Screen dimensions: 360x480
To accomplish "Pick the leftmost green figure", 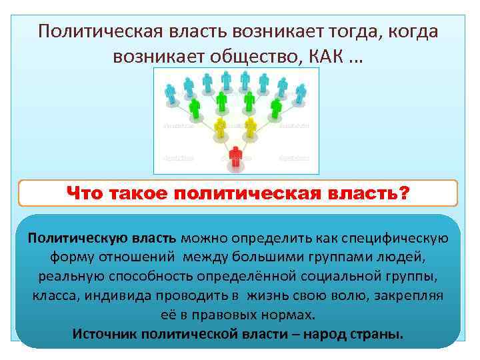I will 195,106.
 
